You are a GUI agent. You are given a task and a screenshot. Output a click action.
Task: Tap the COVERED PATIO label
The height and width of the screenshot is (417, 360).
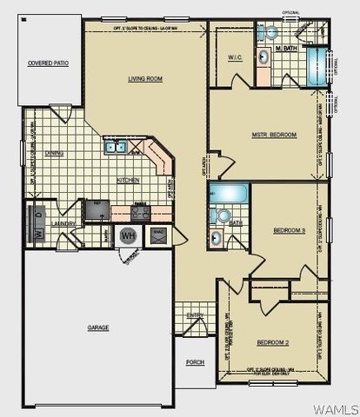(48, 63)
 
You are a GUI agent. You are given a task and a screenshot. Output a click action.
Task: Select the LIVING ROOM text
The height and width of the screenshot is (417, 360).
(146, 79)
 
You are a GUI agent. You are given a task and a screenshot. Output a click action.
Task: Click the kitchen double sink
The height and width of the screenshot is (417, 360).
(115, 148)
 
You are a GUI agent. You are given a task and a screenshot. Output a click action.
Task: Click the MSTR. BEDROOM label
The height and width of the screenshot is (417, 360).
(275, 135)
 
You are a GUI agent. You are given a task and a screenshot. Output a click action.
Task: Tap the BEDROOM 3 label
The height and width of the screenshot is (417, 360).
(288, 230)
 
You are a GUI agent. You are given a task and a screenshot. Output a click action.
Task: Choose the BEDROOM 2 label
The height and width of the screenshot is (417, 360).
(272, 342)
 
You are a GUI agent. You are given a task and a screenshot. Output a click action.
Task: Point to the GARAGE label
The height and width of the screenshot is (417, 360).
(97, 328)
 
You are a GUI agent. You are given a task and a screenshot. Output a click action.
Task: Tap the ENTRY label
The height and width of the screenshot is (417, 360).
(194, 314)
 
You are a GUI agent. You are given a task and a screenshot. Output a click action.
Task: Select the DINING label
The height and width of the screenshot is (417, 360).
(55, 153)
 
